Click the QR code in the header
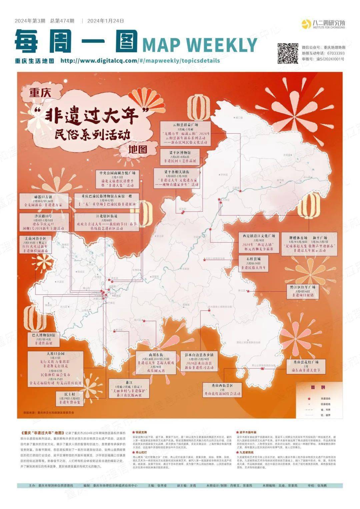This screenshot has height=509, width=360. (288, 53)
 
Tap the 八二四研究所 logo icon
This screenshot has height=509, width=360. (306, 24)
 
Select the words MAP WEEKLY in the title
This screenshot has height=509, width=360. (200, 45)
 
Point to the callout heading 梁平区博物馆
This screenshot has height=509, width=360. (180, 152)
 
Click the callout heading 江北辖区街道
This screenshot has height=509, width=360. (107, 216)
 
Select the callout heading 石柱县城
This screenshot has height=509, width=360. (254, 259)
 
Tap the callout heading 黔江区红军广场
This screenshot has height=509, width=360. (302, 287)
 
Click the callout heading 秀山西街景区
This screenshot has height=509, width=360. (222, 385)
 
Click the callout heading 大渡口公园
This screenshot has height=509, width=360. (55, 353)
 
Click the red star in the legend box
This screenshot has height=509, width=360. (309, 398)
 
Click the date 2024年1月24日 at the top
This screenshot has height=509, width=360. (106, 21)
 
